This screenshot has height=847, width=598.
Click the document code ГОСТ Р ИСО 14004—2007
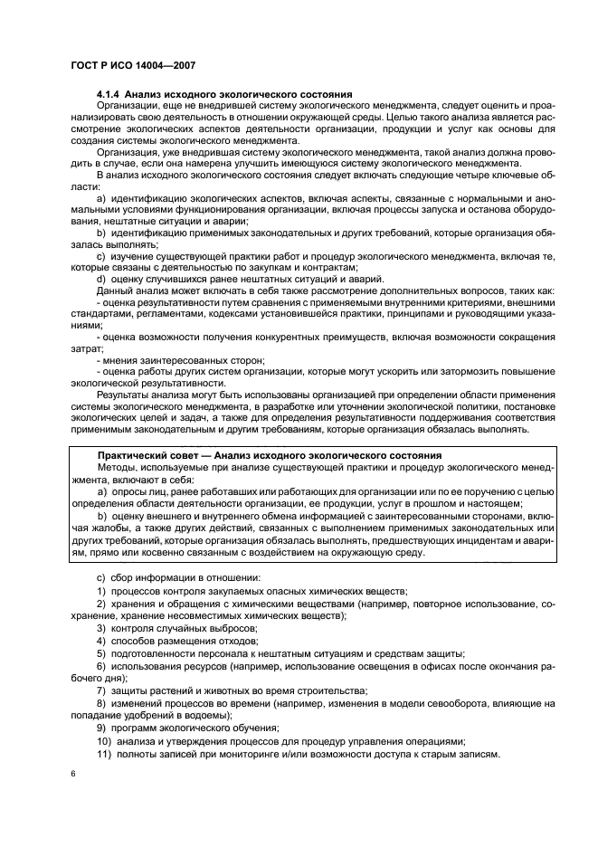(128, 65)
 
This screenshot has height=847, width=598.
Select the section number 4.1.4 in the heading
(109, 94)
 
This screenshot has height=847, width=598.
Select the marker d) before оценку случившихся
(100, 279)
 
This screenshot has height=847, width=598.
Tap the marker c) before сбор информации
(100, 576)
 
